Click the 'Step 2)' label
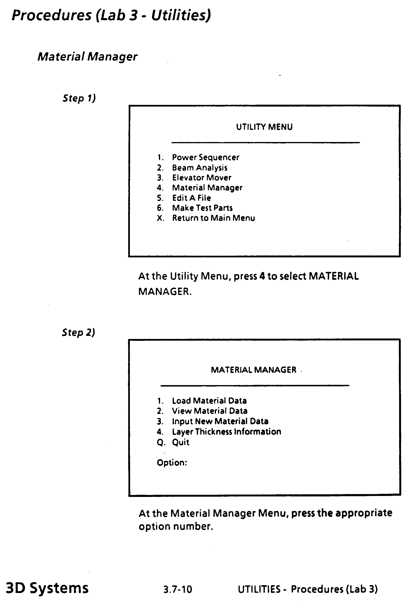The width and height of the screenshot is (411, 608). point(78,332)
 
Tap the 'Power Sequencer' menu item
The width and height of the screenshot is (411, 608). point(205,157)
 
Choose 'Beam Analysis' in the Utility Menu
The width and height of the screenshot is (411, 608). point(200,167)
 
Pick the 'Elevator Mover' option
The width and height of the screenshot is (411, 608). point(202,178)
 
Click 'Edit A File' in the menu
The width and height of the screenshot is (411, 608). point(191,198)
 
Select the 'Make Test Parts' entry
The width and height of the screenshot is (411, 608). point(202,208)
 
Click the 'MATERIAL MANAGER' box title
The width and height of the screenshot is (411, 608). point(254,370)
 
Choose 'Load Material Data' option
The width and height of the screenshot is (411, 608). point(209,401)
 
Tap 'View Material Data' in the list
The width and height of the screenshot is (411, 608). point(210,411)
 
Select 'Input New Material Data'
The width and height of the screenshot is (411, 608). point(220,421)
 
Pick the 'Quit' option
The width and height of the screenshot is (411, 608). point(181,442)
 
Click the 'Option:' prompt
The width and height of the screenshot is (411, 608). point(172,462)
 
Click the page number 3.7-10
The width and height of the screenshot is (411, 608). point(178,589)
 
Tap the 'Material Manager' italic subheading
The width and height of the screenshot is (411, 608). point(87,57)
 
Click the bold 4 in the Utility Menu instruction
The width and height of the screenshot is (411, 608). point(262,276)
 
